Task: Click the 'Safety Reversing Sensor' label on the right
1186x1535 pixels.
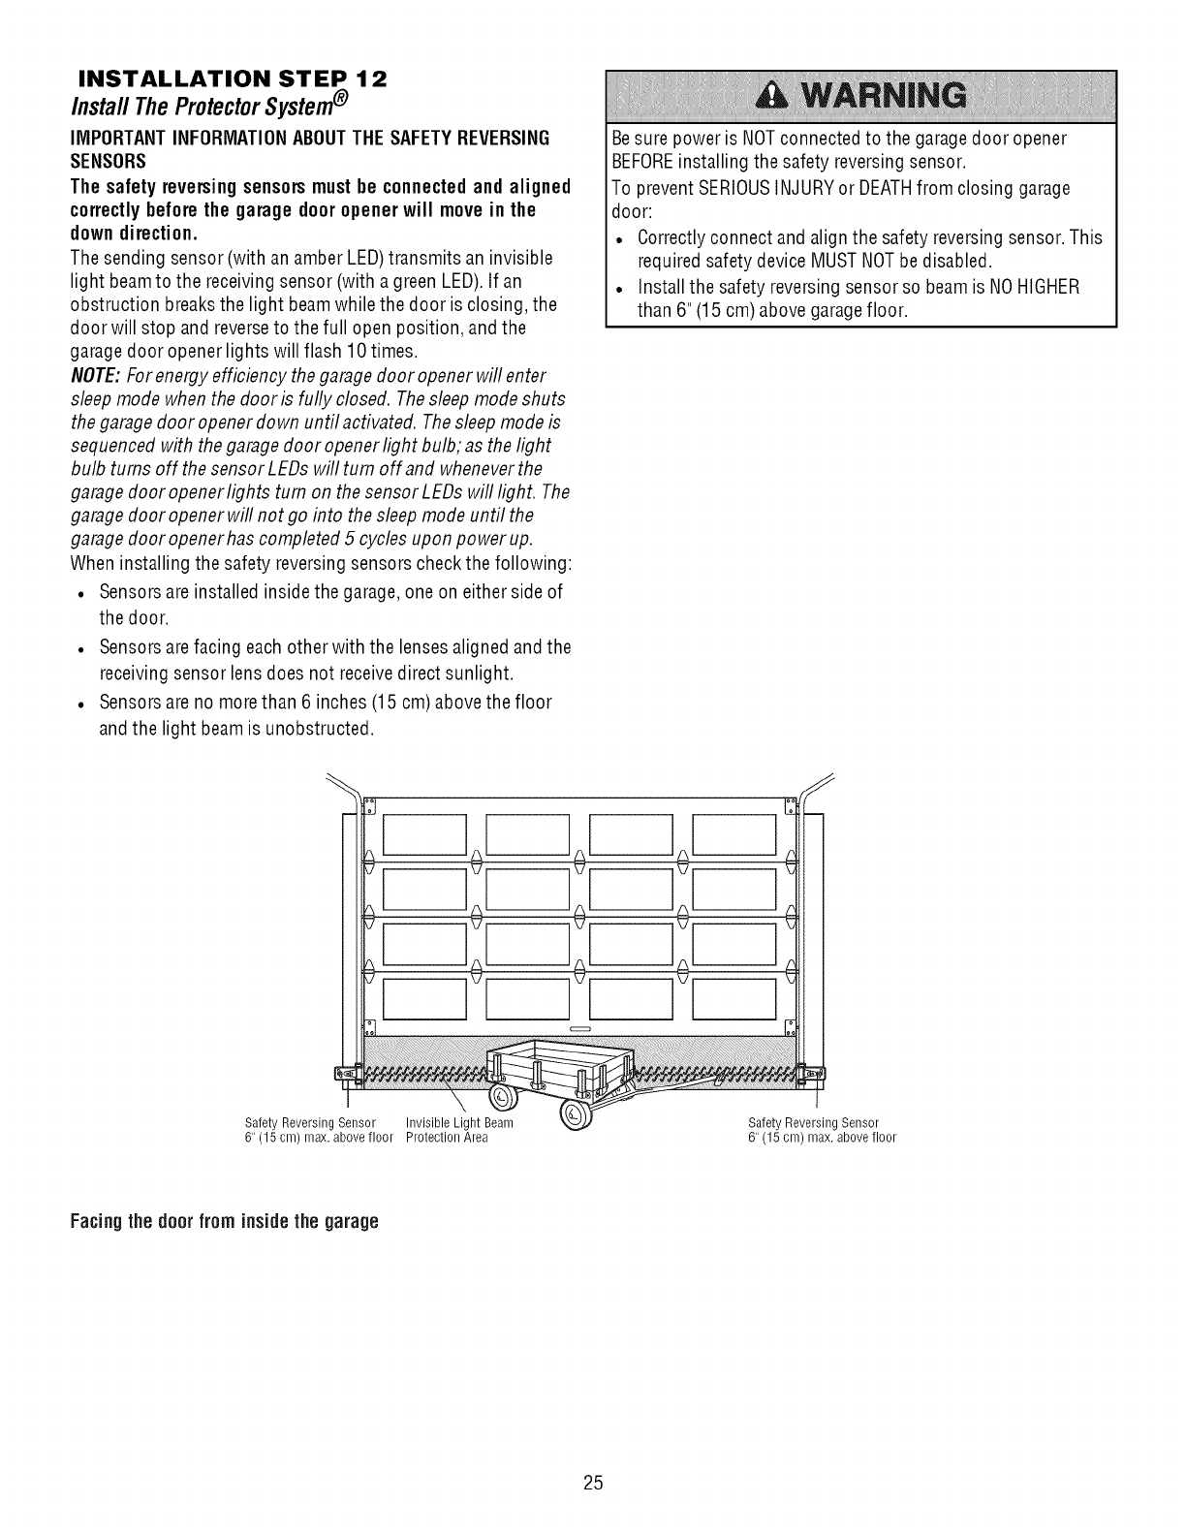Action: click(813, 1123)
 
